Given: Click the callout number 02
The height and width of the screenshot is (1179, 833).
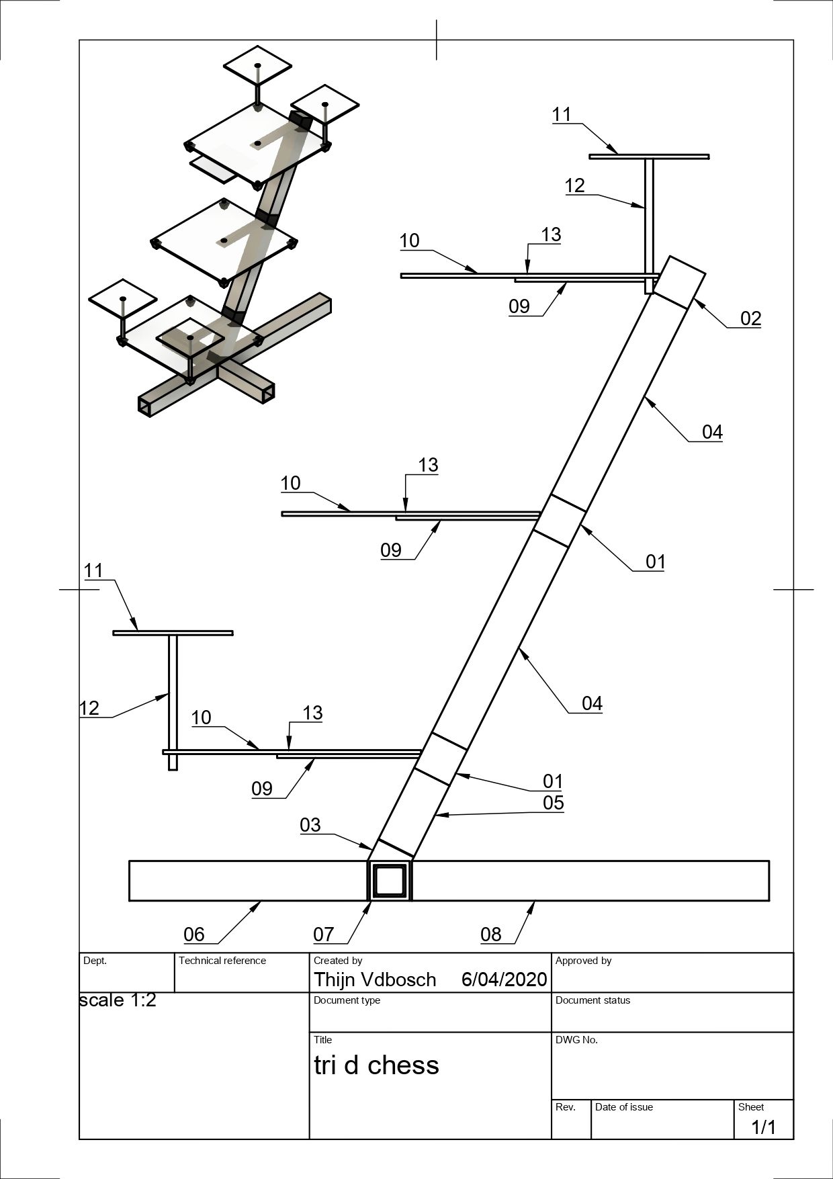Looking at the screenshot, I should (x=750, y=318).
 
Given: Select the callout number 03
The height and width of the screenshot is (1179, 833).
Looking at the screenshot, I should (x=310, y=825).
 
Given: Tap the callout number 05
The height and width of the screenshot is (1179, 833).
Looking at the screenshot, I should (x=553, y=803).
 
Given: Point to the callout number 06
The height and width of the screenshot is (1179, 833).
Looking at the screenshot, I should (x=194, y=934).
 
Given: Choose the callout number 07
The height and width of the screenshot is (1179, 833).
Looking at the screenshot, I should (x=323, y=934).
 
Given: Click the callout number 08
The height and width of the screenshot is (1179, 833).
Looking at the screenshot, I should (x=491, y=934).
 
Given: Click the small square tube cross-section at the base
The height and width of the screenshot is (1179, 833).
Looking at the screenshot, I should (x=390, y=881).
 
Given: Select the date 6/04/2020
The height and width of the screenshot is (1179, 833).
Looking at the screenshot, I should (x=504, y=979).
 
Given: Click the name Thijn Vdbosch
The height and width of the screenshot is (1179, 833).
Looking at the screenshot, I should (x=375, y=979).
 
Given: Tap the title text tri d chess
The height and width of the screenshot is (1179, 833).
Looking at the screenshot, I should (x=376, y=1065).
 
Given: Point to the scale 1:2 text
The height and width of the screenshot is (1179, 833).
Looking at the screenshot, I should (x=118, y=1000).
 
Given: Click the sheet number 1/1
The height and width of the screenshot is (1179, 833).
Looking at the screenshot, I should (x=763, y=1127).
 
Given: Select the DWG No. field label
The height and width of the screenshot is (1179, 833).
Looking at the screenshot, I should (x=576, y=1040).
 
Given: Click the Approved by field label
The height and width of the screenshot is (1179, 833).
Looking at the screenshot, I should (x=583, y=961).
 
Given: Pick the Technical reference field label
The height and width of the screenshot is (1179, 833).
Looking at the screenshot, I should (x=222, y=961).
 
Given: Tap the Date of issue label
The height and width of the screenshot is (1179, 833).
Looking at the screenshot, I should (x=623, y=1107).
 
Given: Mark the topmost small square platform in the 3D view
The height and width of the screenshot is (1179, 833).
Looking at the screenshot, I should (x=257, y=65).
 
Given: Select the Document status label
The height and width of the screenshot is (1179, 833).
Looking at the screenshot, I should (x=593, y=1000).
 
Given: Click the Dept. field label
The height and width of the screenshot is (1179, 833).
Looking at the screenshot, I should (x=95, y=961).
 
